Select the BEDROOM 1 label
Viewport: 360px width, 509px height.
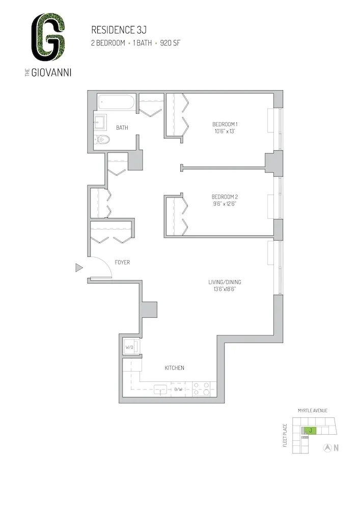pyautogui.click(x=225, y=125)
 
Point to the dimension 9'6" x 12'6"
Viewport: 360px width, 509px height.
pyautogui.click(x=225, y=204)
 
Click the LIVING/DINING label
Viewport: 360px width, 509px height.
pyautogui.click(x=225, y=282)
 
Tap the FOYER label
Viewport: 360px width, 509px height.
pyautogui.click(x=122, y=263)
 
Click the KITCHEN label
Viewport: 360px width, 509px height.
pyautogui.click(x=174, y=367)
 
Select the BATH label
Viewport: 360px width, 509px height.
pyautogui.click(x=122, y=128)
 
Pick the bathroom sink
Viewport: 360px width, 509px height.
pyautogui.click(x=100, y=123)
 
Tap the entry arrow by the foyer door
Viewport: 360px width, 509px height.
pyautogui.click(x=79, y=267)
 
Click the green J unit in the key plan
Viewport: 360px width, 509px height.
pyautogui.click(x=310, y=431)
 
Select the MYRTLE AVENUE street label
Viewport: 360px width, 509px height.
pyautogui.click(x=313, y=410)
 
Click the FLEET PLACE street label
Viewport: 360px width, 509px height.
pyautogui.click(x=286, y=435)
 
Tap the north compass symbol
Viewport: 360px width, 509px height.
pyautogui.click(x=328, y=448)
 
